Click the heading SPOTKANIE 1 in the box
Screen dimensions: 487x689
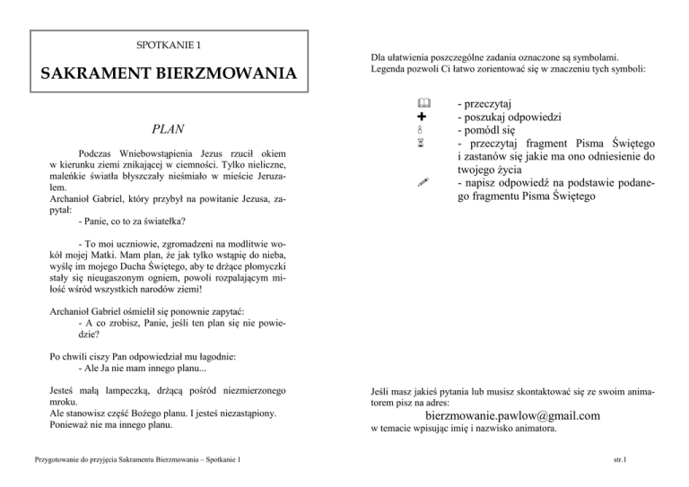169,45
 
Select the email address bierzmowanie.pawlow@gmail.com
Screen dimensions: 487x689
512,415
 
